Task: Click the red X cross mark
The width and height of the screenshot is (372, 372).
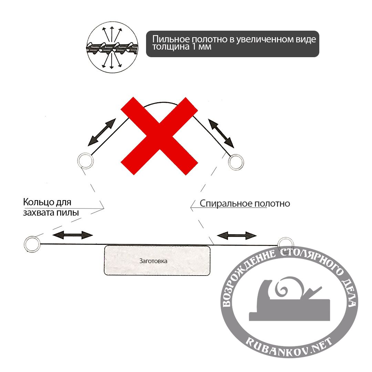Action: (x=159, y=136)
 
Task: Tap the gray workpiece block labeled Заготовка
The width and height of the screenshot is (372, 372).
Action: (x=157, y=260)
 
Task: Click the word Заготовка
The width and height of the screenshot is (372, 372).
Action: (x=153, y=261)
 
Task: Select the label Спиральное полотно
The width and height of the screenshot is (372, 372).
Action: (x=245, y=204)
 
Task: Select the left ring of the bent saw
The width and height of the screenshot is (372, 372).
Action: (x=85, y=161)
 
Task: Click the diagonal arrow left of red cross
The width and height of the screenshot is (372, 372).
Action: (x=102, y=132)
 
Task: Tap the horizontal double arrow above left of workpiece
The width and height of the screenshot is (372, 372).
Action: (x=72, y=235)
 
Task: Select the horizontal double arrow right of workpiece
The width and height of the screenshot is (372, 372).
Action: (x=237, y=236)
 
